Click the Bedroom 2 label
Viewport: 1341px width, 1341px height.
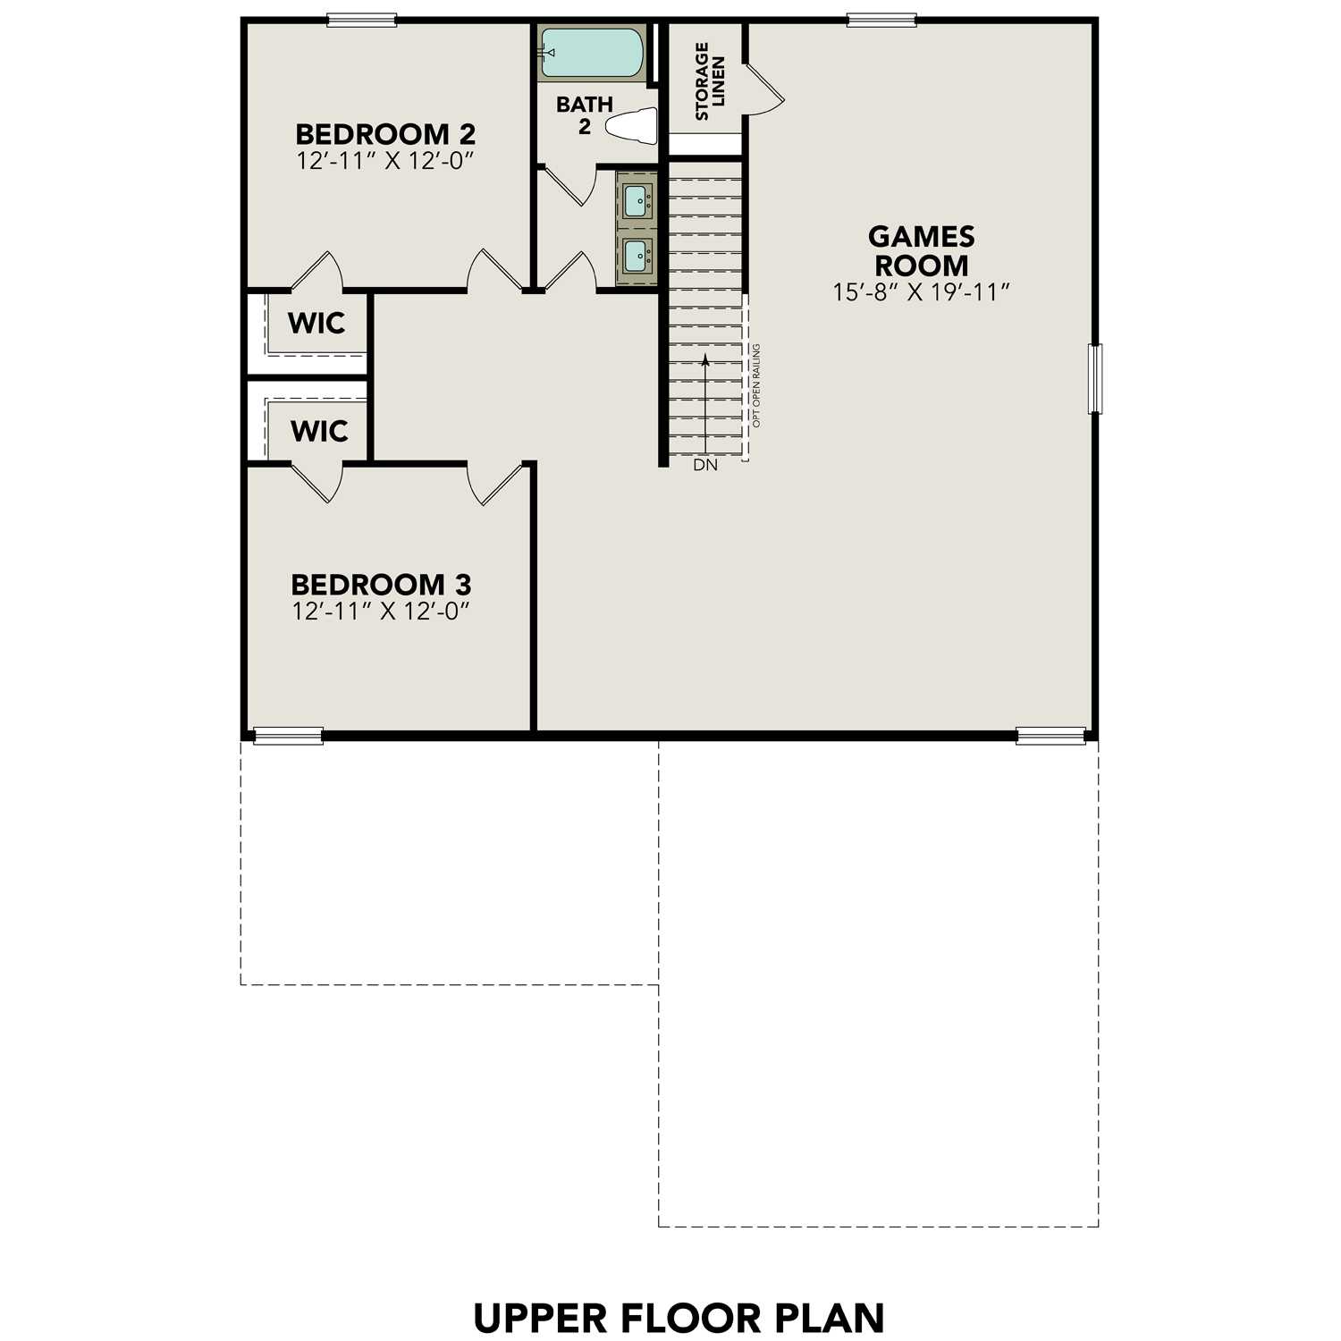click(384, 134)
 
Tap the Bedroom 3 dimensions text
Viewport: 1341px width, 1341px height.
click(381, 611)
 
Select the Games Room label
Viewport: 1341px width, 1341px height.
click(921, 251)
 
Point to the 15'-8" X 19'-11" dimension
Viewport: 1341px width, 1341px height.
click(921, 292)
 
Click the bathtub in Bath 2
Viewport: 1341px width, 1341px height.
click(592, 53)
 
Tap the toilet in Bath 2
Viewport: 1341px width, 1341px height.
click(633, 125)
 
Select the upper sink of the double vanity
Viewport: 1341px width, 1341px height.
click(637, 200)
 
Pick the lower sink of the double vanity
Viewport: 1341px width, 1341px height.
click(637, 256)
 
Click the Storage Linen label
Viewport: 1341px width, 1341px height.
click(710, 80)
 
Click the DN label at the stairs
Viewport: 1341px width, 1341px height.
click(704, 465)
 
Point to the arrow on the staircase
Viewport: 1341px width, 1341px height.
click(705, 402)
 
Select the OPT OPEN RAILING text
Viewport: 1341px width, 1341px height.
click(756, 385)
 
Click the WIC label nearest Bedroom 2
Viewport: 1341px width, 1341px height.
click(316, 323)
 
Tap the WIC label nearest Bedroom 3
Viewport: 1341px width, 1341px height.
click(319, 431)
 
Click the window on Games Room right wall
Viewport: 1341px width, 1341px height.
click(1094, 379)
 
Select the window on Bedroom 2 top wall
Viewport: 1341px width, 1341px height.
click(361, 20)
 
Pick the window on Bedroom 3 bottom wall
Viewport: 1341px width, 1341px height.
click(288, 736)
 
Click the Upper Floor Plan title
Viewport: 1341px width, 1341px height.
click(679, 1319)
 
